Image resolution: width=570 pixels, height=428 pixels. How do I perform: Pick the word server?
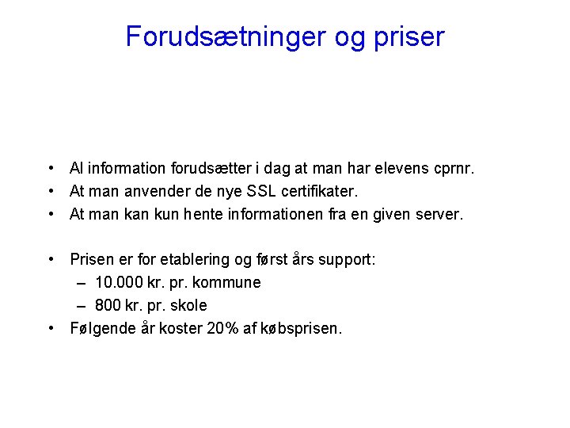click(442, 214)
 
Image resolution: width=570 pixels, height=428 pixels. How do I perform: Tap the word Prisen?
click(92, 259)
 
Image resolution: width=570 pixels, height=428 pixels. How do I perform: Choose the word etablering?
click(192, 259)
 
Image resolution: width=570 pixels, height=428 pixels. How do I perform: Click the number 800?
click(108, 305)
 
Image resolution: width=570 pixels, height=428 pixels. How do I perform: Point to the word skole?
click(189, 305)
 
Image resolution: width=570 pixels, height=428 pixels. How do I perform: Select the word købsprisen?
click(304, 328)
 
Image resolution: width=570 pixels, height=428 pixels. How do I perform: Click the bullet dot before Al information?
click(49, 168)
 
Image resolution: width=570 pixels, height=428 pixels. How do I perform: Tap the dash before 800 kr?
click(82, 305)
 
